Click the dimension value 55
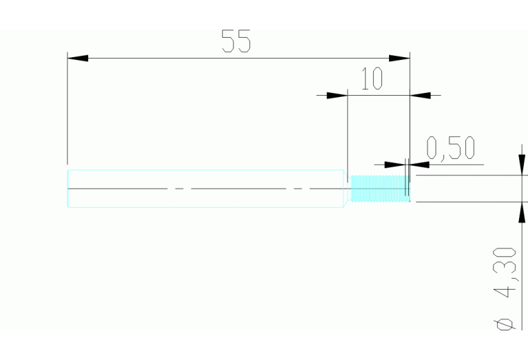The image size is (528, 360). pyautogui.click(x=236, y=41)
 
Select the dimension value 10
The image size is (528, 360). pyautogui.click(x=372, y=78)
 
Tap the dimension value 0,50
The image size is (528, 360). pyautogui.click(x=451, y=148)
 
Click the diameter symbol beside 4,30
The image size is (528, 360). pyautogui.click(x=505, y=324)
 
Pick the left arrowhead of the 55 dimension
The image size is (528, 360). pyautogui.click(x=78, y=59)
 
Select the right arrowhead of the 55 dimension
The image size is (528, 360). pyautogui.click(x=399, y=59)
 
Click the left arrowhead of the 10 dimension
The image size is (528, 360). pyautogui.click(x=337, y=95)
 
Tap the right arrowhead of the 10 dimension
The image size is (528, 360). pyautogui.click(x=420, y=95)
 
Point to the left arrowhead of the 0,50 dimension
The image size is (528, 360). pyautogui.click(x=394, y=165)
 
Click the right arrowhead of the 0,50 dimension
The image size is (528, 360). pyautogui.click(x=419, y=165)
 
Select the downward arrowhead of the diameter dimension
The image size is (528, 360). pyautogui.click(x=522, y=165)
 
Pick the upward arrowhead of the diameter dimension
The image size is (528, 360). pyautogui.click(x=522, y=213)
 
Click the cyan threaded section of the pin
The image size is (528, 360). pyautogui.click(x=380, y=189)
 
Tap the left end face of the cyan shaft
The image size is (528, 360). pyautogui.click(x=67, y=189)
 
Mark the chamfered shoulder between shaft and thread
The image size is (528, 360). pyautogui.click(x=346, y=189)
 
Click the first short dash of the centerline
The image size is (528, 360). pyautogui.click(x=180, y=189)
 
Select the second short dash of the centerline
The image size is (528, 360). pyautogui.click(x=297, y=189)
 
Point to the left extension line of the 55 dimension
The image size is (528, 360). pyautogui.click(x=67, y=108)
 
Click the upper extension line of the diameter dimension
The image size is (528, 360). pyautogui.click(x=472, y=175)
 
